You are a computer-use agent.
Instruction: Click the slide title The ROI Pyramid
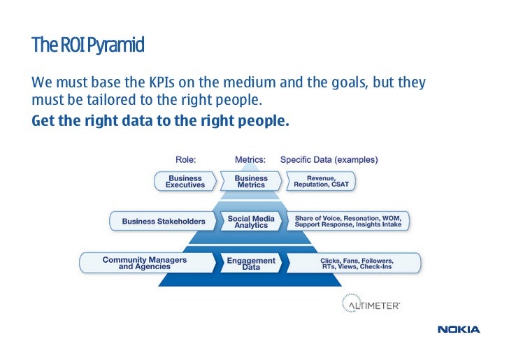[87, 46]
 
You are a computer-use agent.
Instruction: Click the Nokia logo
[458, 329]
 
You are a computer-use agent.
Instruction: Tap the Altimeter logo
[370, 304]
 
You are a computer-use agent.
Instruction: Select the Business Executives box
[185, 182]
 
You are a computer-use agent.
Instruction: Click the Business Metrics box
[250, 182]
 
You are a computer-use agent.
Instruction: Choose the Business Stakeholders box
[164, 222]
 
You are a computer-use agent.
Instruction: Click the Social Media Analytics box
[251, 222]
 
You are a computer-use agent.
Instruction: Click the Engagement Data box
[251, 263]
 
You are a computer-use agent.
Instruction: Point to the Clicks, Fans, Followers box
[354, 263]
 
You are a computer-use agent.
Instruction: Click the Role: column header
[185, 159]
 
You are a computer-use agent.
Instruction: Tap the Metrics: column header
[250, 159]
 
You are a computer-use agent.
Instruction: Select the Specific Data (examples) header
[329, 159]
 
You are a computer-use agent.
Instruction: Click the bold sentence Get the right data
[160, 120]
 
